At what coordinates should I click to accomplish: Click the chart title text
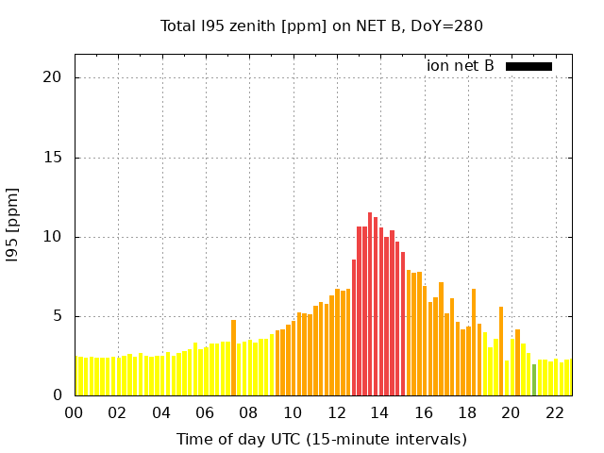click(x=321, y=25)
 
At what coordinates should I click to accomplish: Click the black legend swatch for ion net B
click(x=528, y=66)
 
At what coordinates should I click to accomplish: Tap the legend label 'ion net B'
click(x=460, y=66)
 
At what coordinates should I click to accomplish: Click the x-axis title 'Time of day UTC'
click(x=321, y=439)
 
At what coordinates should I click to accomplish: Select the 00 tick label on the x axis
click(x=74, y=413)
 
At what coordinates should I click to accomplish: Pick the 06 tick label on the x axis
click(x=205, y=413)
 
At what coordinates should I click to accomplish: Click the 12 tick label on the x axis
click(x=336, y=413)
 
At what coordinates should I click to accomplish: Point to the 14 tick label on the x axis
click(x=379, y=413)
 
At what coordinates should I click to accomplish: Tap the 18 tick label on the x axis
click(x=467, y=413)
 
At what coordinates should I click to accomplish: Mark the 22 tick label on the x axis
click(x=555, y=413)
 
